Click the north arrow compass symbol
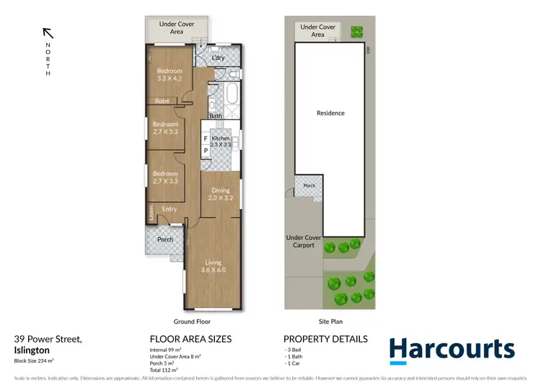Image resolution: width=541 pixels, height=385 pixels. (48, 32)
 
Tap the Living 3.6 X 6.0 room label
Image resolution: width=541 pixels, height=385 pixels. (214, 266)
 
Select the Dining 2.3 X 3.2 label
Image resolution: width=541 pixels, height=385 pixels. (220, 194)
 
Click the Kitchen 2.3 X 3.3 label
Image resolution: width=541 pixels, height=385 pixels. (220, 141)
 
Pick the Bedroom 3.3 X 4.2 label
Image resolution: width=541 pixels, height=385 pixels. (170, 75)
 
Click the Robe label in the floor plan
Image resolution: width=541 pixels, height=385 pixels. (162, 102)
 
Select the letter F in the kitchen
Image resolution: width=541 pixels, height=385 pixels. (206, 138)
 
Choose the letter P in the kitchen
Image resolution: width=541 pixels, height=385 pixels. (206, 151)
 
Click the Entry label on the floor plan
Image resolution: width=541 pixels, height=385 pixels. (170, 210)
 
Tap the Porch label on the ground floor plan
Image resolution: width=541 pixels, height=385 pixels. (165, 240)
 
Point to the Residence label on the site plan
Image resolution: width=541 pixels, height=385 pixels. (330, 113)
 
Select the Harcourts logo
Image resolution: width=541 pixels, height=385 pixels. (452, 349)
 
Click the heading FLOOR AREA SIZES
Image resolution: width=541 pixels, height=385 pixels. (190, 339)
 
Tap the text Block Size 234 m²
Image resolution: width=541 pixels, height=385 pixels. (35, 361)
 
